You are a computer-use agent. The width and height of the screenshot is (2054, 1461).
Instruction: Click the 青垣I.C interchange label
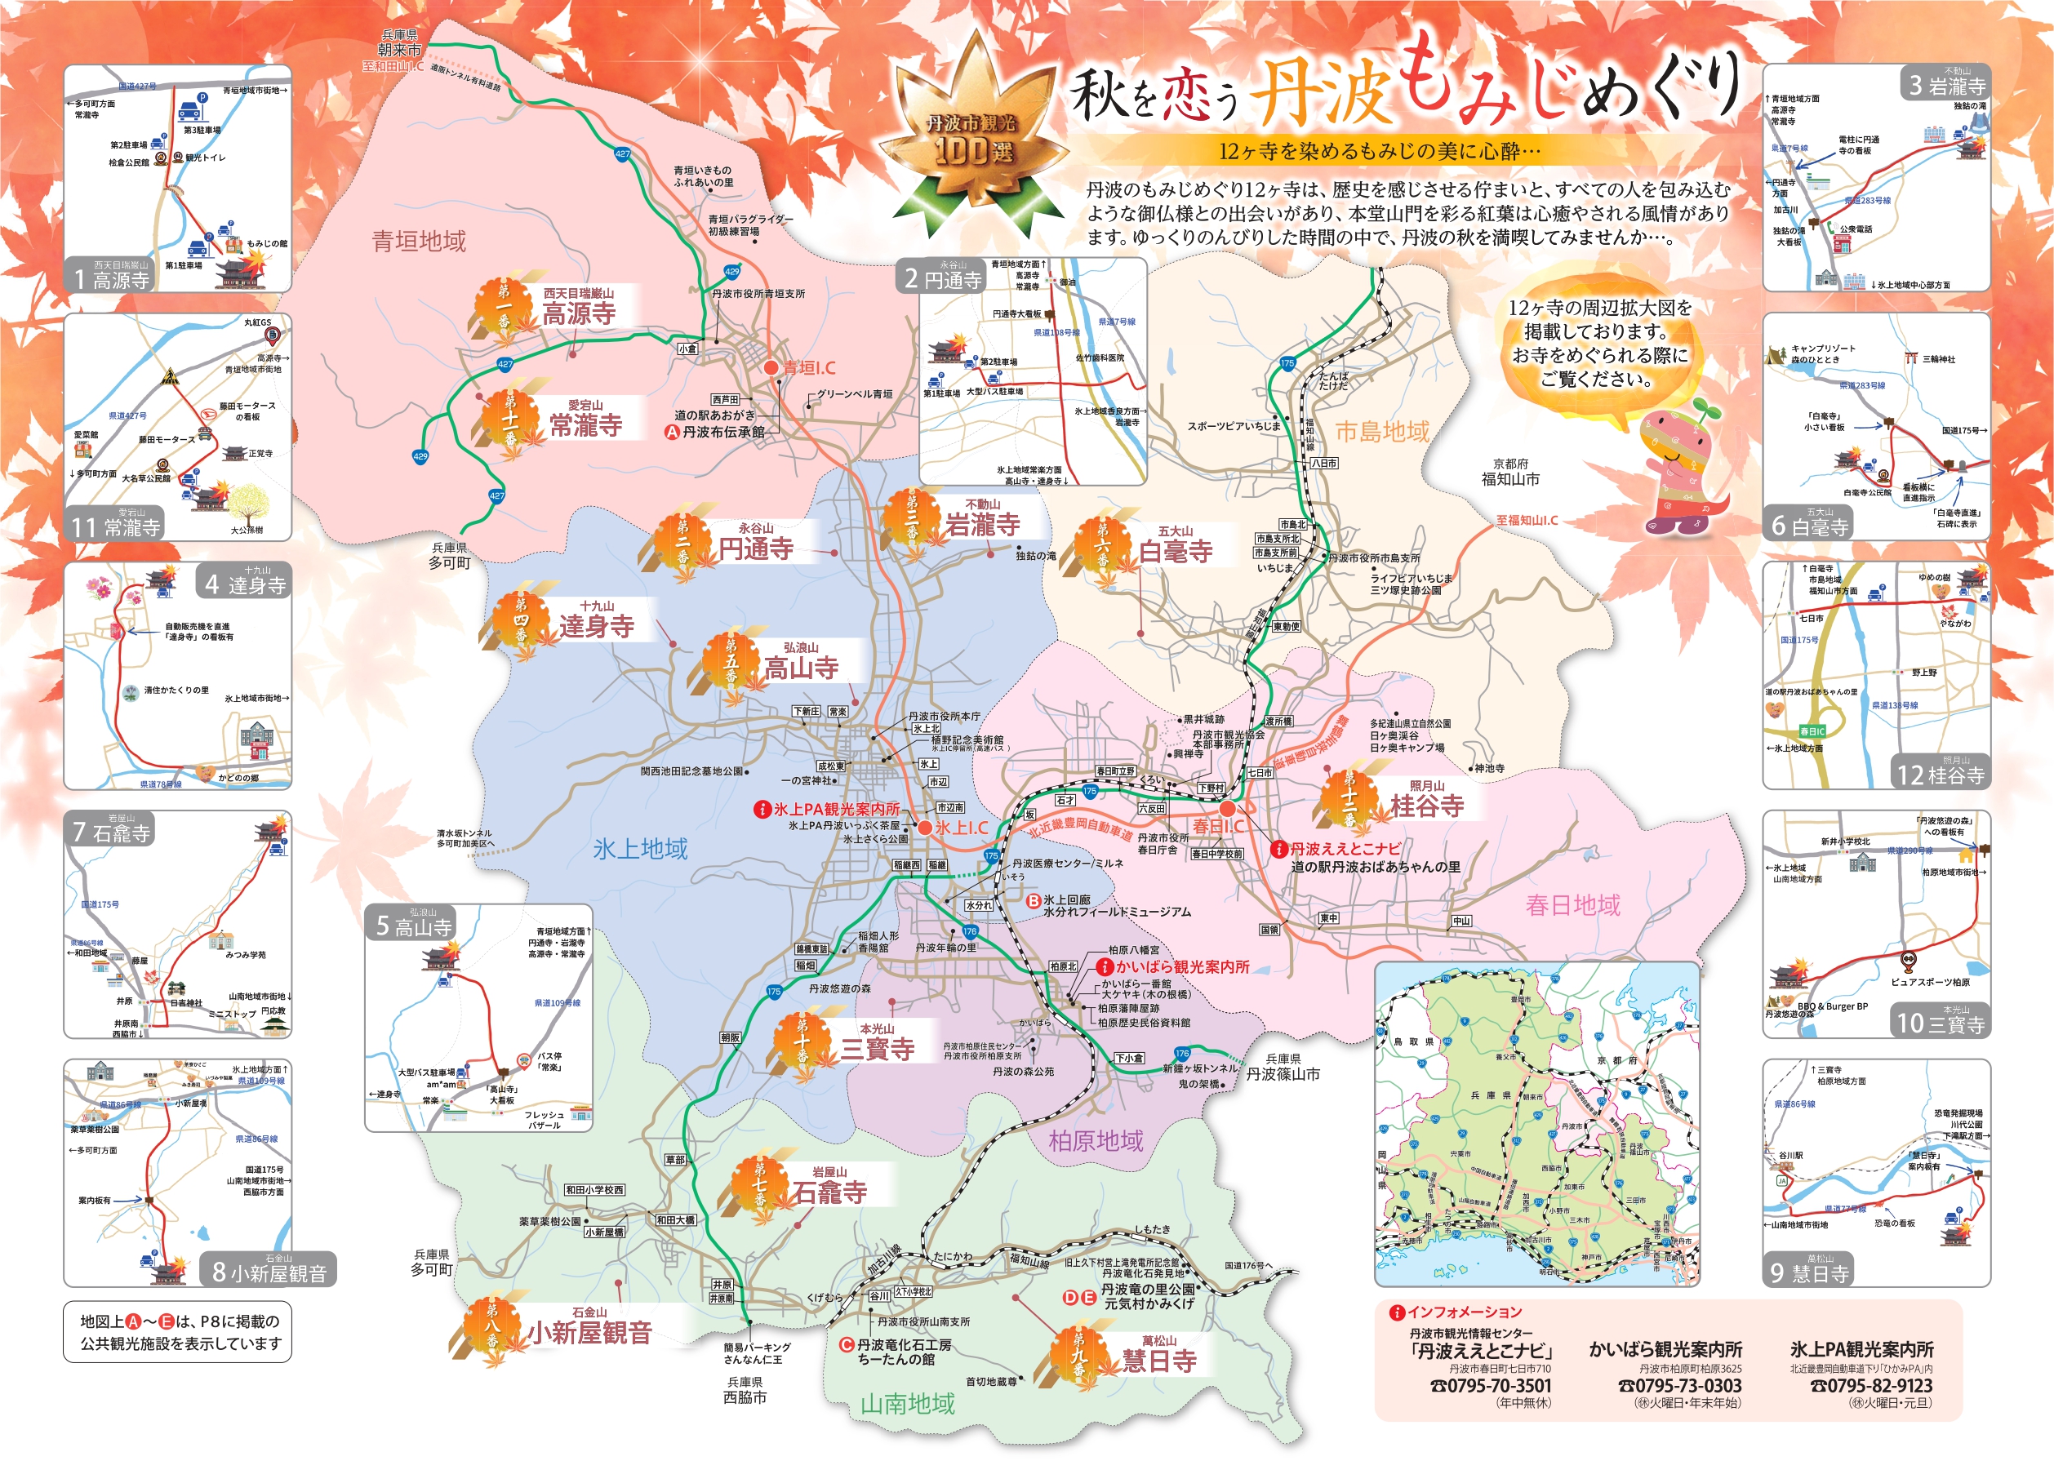click(x=808, y=368)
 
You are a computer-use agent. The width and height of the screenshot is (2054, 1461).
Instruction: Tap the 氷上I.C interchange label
click(x=961, y=828)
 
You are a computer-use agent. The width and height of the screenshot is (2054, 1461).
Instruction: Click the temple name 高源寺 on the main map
click(x=580, y=314)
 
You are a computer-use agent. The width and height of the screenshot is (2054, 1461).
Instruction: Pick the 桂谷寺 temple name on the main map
click(x=1427, y=805)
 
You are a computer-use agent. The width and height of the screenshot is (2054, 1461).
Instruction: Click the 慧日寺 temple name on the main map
click(x=1158, y=1361)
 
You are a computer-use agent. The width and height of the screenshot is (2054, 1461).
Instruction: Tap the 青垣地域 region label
click(x=420, y=241)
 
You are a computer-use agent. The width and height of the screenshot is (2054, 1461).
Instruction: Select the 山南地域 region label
click(x=907, y=1403)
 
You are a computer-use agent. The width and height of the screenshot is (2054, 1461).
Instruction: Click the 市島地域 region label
click(x=1382, y=432)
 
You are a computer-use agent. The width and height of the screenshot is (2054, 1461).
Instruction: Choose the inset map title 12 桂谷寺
click(x=1940, y=775)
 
